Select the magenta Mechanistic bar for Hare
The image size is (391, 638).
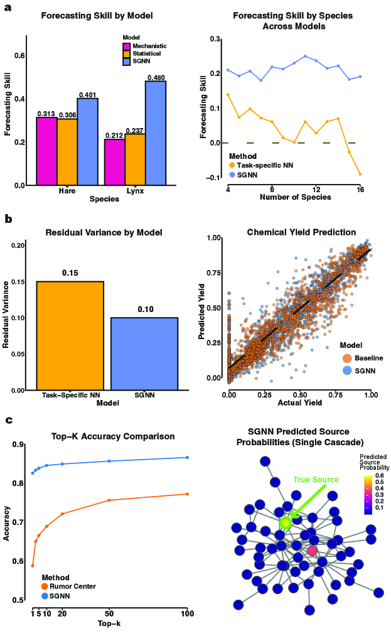coord(46,151)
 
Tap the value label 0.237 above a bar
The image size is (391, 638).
coord(135,130)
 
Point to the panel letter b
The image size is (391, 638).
coord(8,219)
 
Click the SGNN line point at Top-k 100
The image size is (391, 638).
coord(187,457)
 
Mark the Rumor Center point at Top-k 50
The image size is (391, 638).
coord(109,500)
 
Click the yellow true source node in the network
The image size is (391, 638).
coord(286,522)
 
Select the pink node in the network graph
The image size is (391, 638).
coord(312,551)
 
